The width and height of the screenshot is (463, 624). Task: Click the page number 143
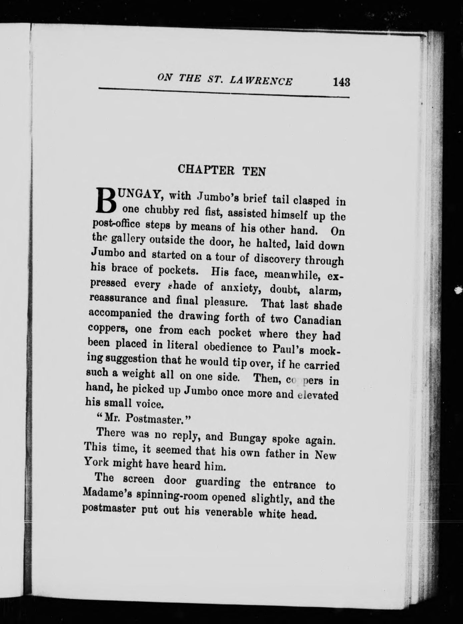coord(341,82)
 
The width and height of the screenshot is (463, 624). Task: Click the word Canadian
coord(317,321)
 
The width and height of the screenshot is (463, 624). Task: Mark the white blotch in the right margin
coord(459,290)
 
